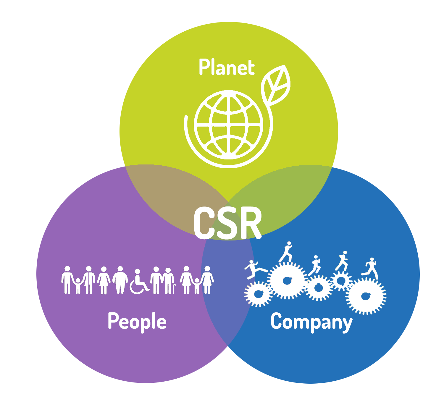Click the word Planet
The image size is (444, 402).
[227, 67]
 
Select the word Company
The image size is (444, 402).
[312, 322]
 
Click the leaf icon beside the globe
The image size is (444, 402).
[276, 85]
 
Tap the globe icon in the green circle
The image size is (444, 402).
[228, 125]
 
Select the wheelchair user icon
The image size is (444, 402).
[139, 281]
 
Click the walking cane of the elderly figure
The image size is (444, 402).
[175, 289]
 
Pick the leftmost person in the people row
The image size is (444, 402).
[67, 280]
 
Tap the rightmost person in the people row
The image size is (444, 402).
[207, 280]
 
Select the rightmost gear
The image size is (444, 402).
[366, 296]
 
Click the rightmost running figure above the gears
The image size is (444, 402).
[370, 268]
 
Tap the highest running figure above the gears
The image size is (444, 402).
[286, 252]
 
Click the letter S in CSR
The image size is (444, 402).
[226, 223]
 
